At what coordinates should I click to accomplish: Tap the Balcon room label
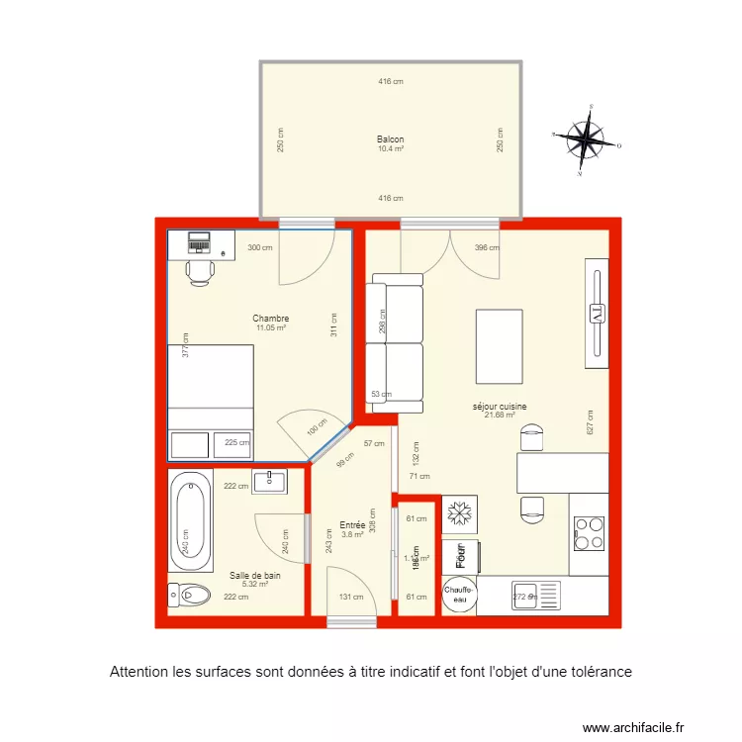click(390, 139)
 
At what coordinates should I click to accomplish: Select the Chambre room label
click(270, 319)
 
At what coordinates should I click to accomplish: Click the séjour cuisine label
click(500, 406)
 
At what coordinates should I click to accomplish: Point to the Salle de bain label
click(255, 575)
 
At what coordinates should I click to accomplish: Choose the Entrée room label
click(352, 525)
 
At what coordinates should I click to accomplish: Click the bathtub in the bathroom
click(191, 521)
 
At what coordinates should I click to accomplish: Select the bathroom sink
click(269, 482)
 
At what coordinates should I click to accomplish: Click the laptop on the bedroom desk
click(200, 241)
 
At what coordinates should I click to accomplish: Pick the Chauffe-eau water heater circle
click(459, 595)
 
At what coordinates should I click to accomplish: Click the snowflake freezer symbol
click(459, 513)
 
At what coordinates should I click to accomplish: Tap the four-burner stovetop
click(590, 534)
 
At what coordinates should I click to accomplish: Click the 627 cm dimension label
click(590, 422)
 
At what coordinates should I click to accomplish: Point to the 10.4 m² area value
click(390, 148)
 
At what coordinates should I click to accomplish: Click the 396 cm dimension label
click(487, 248)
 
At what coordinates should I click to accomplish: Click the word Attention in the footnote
click(140, 672)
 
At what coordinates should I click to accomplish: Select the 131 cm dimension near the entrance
click(351, 597)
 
